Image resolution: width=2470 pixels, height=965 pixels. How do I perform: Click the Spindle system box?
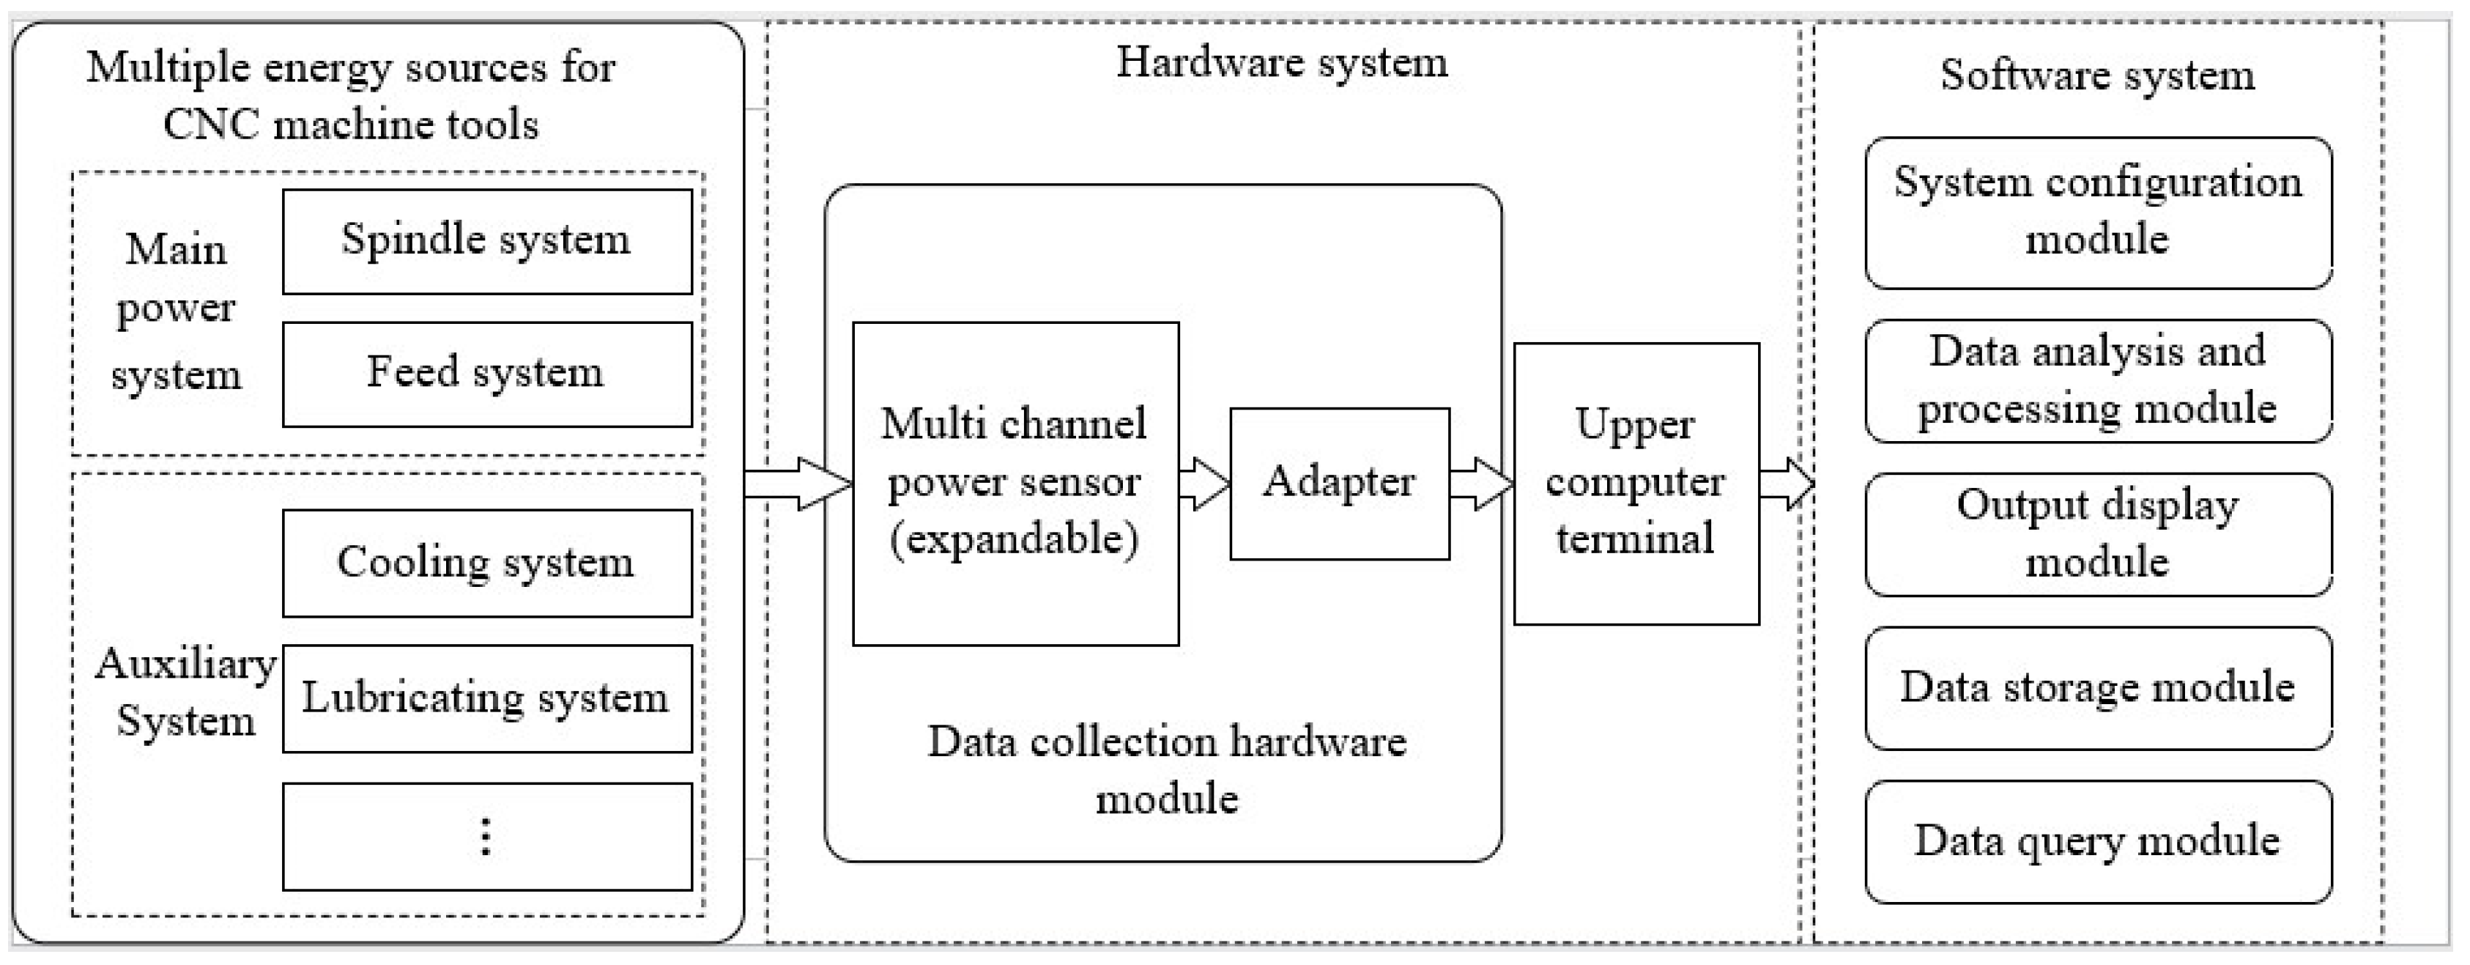[487, 241]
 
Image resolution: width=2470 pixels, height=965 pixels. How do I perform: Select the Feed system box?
[487, 374]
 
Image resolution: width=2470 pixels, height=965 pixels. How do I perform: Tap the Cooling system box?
[487, 563]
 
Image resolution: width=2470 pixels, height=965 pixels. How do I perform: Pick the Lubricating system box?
[487, 698]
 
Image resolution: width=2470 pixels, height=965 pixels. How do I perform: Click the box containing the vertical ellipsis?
[487, 837]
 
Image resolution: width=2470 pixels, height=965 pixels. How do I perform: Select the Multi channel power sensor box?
[1015, 484]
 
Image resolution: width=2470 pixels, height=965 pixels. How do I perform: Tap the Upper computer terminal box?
[1636, 484]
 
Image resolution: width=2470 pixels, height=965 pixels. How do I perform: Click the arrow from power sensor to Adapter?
[1204, 484]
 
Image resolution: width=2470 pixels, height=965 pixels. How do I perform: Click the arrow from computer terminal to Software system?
[1785, 484]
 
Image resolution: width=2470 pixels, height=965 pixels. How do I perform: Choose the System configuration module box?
[2098, 213]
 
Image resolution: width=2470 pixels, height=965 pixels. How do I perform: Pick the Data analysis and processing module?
[2098, 381]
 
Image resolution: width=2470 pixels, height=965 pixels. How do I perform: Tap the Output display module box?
[2098, 534]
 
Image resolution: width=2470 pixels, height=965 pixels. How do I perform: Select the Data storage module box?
[2098, 688]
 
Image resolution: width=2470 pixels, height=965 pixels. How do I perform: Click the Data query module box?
[2098, 841]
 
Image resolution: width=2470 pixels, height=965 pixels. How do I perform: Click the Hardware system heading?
[1282, 63]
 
